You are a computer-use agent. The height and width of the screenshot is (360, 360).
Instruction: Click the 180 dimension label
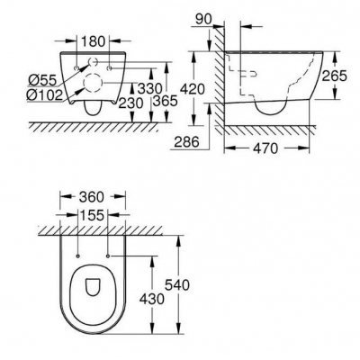93,41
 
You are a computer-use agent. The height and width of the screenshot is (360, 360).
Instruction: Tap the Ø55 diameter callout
42,80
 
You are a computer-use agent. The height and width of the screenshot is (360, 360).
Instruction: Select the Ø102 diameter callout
44,95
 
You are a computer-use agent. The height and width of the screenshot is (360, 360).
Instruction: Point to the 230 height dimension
130,103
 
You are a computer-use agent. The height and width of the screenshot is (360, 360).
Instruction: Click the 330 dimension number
150,89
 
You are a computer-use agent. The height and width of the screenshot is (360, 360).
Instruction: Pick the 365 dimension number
165,101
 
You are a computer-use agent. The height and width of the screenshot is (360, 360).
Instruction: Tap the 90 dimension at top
203,19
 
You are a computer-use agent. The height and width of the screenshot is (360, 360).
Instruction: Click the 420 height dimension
193,89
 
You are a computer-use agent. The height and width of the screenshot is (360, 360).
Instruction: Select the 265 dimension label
334,76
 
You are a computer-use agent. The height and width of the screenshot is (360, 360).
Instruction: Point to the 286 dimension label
187,141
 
